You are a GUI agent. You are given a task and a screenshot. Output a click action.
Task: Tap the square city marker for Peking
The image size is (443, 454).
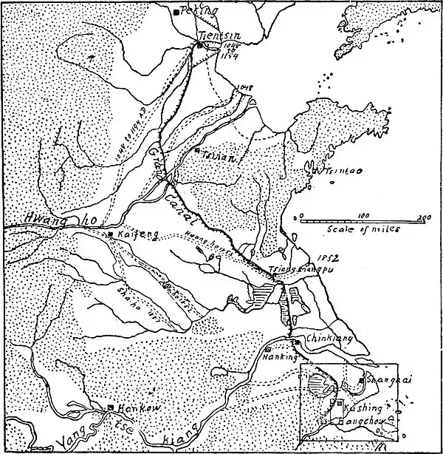click(176, 12)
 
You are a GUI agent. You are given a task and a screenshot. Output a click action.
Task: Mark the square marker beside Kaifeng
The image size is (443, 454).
click(110, 234)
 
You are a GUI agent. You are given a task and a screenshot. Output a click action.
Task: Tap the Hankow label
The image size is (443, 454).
click(134, 408)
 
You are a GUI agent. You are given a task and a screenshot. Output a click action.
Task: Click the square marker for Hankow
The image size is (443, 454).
click(110, 407)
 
